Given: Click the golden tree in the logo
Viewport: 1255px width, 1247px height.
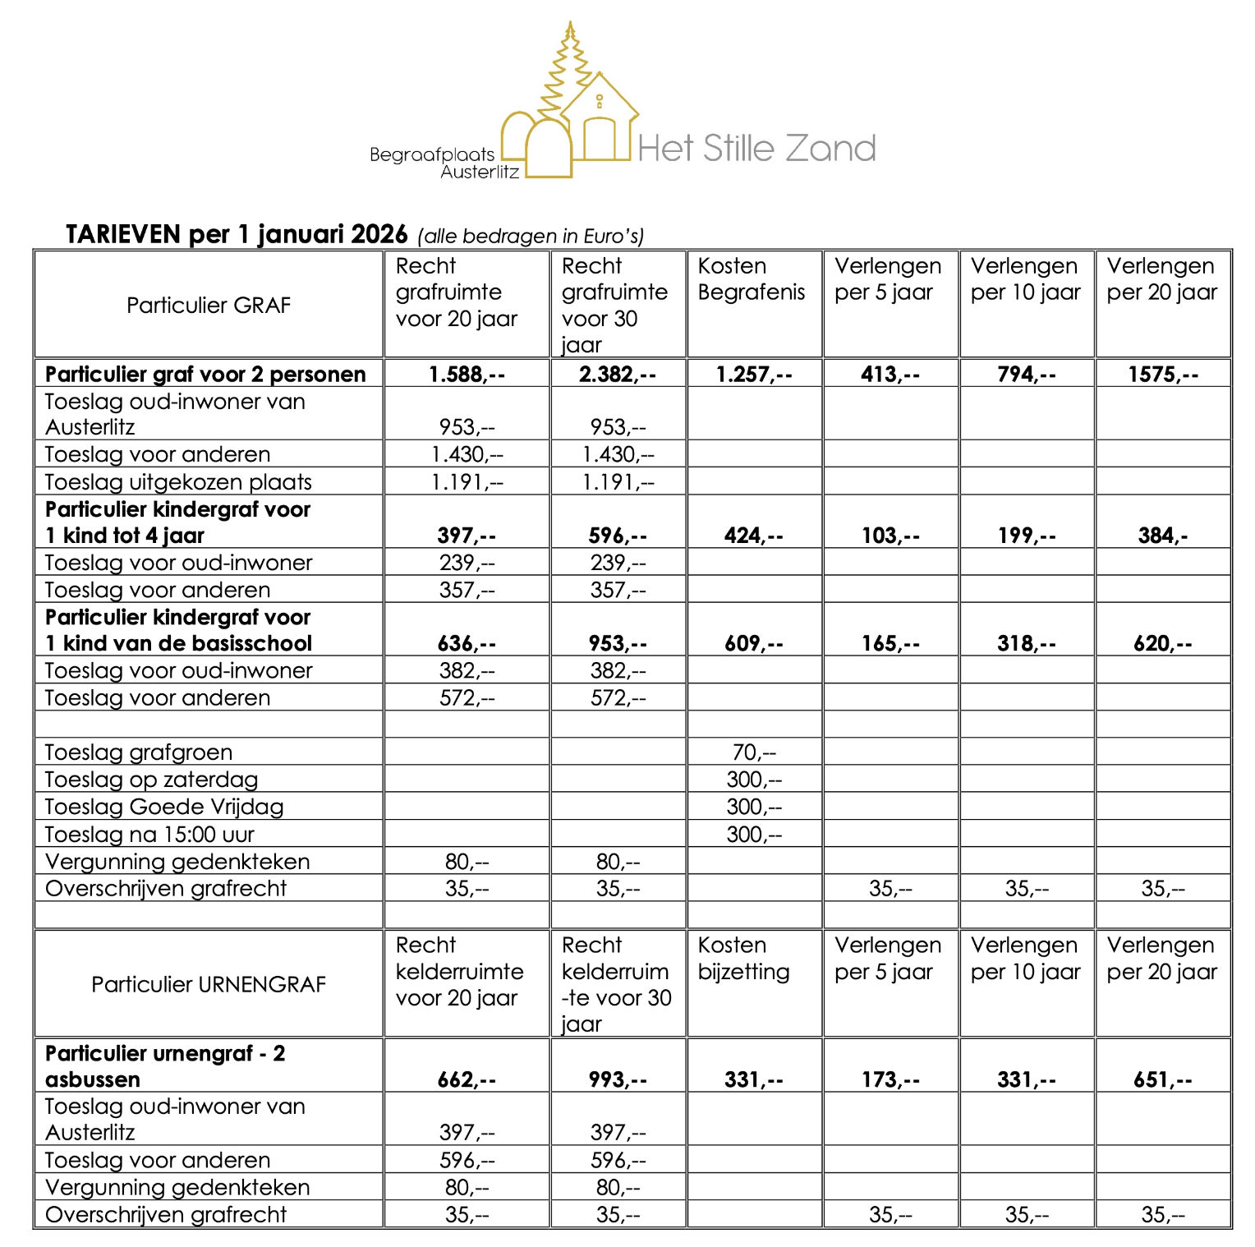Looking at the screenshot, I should [568, 70].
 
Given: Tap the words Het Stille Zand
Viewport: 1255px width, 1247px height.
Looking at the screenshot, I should [756, 149].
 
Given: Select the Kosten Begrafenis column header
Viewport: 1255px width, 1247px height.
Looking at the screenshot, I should [752, 279].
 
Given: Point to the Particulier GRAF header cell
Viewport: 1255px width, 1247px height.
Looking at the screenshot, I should [209, 306].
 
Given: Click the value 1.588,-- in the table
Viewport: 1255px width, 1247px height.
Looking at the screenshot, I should [467, 375].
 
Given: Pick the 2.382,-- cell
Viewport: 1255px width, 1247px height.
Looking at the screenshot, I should [618, 375].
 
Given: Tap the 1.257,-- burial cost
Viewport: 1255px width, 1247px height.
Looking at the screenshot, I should [754, 375].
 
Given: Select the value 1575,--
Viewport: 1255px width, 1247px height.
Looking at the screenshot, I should [1163, 375].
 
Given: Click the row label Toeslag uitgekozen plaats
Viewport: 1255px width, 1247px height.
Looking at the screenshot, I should [178, 482].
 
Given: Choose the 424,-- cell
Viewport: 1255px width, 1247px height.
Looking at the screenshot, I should [754, 536].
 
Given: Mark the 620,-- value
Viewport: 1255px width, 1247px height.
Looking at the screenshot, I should [1163, 643].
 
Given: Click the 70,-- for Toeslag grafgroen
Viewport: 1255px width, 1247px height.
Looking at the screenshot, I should [754, 752].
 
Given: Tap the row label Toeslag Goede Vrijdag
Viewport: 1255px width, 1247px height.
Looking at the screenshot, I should [164, 807].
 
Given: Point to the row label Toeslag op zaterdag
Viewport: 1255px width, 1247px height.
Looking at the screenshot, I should [151, 780].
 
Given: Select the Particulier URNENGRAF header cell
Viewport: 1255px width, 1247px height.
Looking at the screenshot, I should [209, 984].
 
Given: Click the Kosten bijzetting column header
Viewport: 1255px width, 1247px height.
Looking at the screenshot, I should [743, 959].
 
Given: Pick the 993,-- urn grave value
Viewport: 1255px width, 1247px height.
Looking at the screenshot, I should [618, 1079].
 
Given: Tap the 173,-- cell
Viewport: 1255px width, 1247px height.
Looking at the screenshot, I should [890, 1079].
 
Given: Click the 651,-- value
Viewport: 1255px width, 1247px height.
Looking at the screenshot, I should [1163, 1079].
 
